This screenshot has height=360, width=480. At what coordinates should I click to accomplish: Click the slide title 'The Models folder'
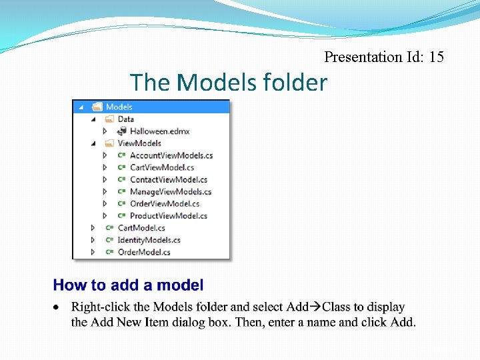pos(229,83)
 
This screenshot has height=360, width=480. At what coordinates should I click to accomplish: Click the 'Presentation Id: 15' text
pos(383,57)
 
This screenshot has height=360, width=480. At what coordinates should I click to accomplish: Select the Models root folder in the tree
pos(119,107)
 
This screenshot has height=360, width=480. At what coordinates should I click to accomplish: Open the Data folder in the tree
pos(125,119)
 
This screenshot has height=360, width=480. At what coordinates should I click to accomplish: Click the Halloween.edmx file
pos(159,131)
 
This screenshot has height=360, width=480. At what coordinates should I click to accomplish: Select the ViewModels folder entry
pos(139,143)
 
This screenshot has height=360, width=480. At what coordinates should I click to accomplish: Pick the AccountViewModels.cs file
pos(171,155)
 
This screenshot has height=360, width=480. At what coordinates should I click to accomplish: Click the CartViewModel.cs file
pos(162,167)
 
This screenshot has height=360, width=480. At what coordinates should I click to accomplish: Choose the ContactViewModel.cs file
pos(168,179)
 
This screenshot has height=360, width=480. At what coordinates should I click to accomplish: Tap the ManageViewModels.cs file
pos(170,191)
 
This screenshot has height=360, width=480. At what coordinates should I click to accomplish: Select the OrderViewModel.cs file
pos(164,203)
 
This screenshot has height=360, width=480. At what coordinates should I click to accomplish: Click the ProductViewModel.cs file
pos(168,215)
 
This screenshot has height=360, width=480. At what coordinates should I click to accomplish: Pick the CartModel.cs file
pos(141,228)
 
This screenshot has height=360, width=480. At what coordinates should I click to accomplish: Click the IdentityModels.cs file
pos(149,240)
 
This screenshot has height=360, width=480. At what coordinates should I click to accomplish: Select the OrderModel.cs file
pos(144,252)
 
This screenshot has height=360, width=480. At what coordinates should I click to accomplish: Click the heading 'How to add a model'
pos(128,285)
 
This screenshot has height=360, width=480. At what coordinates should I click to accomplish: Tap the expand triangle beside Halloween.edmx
pos(105,131)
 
